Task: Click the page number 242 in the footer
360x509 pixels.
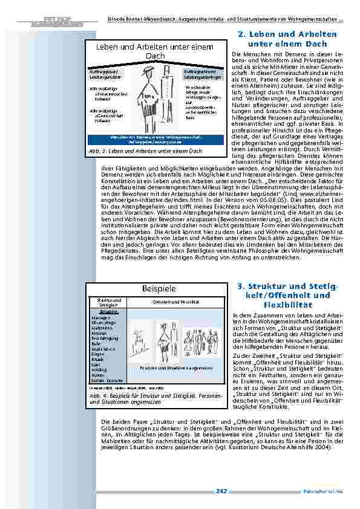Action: tap(221, 491)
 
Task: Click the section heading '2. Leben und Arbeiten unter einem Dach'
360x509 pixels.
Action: tap(284, 39)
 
